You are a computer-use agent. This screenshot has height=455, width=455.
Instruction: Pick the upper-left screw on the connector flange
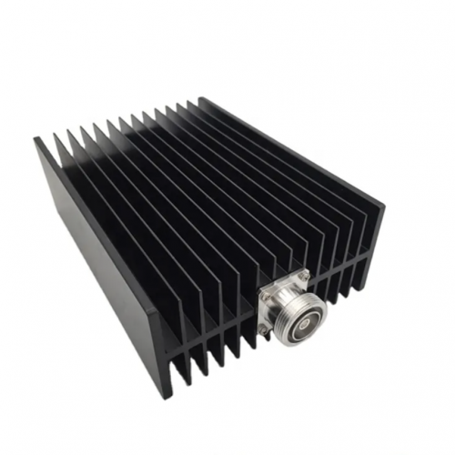[x=265, y=293]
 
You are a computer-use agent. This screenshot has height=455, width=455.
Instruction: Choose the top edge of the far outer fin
[x=291, y=146]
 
